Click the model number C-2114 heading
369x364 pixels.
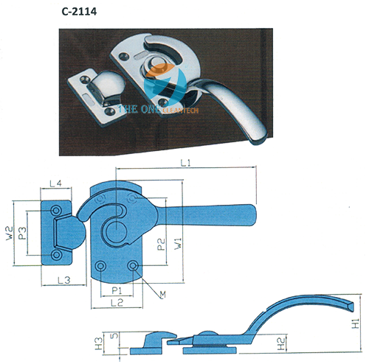click(x=79, y=12)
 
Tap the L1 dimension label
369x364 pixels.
click(x=185, y=163)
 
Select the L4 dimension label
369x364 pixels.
click(x=55, y=183)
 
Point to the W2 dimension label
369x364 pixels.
click(x=10, y=234)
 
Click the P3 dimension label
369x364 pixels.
click(x=22, y=233)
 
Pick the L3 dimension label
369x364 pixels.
click(x=64, y=280)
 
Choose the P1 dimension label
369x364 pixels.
click(x=117, y=291)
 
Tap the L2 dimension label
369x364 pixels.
click(x=117, y=303)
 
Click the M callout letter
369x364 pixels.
click(x=162, y=295)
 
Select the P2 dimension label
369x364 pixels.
click(x=161, y=244)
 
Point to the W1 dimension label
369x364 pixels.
click(x=178, y=244)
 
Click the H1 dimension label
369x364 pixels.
click(x=356, y=323)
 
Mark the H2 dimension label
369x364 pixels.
click(x=281, y=343)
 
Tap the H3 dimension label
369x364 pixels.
click(x=99, y=343)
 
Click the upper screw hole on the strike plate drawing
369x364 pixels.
click(x=56, y=211)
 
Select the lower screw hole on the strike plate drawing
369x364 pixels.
click(x=56, y=255)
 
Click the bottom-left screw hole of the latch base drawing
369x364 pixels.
click(x=100, y=266)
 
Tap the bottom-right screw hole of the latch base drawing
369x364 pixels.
click(x=133, y=265)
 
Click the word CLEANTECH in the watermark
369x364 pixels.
click(x=180, y=111)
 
